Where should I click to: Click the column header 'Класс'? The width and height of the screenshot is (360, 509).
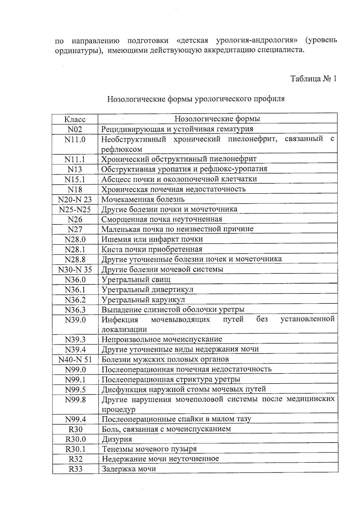[x=75, y=119]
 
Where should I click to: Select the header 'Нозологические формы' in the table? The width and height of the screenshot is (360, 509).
[x=217, y=119]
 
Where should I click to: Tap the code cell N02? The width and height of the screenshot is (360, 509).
[x=75, y=129]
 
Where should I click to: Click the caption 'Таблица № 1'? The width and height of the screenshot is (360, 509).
[x=313, y=79]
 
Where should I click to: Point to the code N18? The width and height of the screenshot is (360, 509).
[x=75, y=190]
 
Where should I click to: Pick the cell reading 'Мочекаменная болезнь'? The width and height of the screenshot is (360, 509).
[x=143, y=199]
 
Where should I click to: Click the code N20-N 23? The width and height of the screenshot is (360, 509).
[x=75, y=200]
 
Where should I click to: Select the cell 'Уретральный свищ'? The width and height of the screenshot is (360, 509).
[x=136, y=280]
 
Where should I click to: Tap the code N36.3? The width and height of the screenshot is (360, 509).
[x=75, y=310]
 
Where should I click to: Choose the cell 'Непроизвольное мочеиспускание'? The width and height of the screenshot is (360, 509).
[x=162, y=339]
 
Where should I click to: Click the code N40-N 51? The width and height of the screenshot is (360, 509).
[x=75, y=360]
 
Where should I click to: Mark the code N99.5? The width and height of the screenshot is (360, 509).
[x=75, y=390]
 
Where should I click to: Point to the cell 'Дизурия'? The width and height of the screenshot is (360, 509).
[x=117, y=439]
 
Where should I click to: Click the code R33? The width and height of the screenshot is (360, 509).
[x=76, y=469]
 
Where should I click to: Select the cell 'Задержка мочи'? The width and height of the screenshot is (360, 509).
[x=129, y=469]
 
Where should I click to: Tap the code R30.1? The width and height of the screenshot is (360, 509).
[x=76, y=449]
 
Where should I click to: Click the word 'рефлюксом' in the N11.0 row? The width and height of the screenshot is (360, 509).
[x=122, y=149]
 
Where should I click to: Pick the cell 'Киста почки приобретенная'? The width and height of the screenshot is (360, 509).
[x=152, y=249]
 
